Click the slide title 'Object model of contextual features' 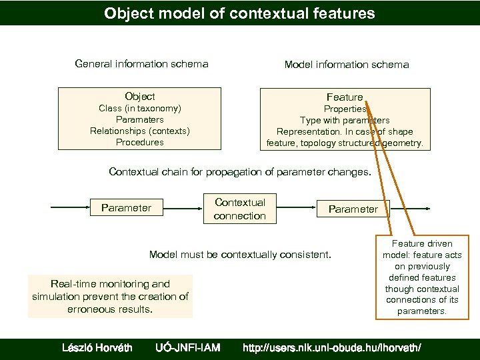239,13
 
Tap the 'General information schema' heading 141,64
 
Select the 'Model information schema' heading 347,65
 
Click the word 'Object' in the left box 140,97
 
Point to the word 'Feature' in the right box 345,97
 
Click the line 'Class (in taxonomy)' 140,108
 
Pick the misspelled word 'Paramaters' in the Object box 140,119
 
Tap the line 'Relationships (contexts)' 140,131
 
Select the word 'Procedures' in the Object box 140,142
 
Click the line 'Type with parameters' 345,120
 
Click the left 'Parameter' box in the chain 126,208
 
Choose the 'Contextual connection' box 240,209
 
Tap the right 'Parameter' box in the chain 353,209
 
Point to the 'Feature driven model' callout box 422,277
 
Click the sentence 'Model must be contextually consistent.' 240,255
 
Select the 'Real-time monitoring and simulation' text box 110,297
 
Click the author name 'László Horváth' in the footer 97,347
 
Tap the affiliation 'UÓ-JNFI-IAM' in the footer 187,347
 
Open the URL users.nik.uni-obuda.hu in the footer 331,347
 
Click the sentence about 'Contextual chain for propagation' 240,172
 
